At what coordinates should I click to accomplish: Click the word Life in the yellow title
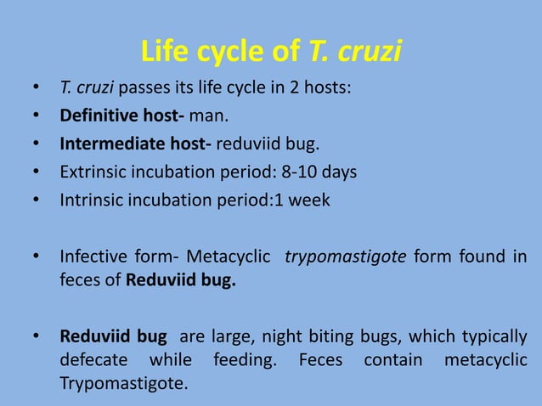point(168,53)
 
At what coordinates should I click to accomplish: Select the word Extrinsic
point(90,172)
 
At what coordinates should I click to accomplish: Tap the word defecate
point(93,360)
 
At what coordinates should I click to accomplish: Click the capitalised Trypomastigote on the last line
point(122,384)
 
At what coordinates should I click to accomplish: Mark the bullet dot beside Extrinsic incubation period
point(35,172)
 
